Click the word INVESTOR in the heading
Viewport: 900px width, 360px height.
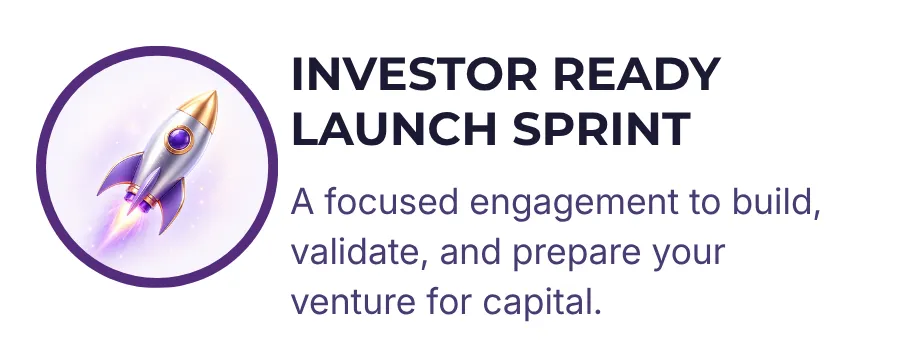(x=414, y=75)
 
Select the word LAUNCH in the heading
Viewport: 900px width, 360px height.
(x=394, y=129)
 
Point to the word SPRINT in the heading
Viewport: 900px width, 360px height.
(x=602, y=129)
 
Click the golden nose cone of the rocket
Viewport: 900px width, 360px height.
(x=200, y=109)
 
